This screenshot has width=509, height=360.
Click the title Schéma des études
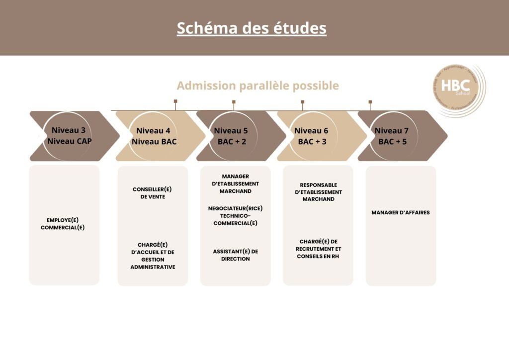point(252,28)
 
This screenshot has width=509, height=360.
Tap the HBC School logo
point(457,90)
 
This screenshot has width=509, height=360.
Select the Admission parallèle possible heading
point(257,86)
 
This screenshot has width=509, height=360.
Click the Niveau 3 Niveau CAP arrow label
point(69,136)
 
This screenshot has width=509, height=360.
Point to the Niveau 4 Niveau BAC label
point(154,136)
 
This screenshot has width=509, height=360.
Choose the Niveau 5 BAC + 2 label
point(231,136)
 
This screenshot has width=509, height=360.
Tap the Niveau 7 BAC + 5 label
point(392,136)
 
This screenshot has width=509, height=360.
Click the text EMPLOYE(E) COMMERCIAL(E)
point(63,224)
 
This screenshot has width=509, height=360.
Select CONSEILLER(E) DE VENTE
point(153,193)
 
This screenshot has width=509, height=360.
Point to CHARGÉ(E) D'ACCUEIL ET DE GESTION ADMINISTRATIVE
point(153,256)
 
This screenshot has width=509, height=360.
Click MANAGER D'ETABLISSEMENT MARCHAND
point(235,183)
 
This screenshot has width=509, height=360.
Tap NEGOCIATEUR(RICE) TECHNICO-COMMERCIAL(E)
point(235,216)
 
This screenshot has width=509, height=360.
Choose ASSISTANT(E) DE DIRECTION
point(235,255)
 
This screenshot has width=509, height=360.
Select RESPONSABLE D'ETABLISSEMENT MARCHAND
point(319,192)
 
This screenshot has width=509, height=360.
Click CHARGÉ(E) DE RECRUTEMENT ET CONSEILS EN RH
point(319,249)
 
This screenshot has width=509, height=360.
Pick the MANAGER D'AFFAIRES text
point(401,212)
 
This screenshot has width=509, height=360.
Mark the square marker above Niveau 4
point(175,101)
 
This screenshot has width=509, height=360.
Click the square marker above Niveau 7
point(370,102)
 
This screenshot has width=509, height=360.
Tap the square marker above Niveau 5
point(234,102)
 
